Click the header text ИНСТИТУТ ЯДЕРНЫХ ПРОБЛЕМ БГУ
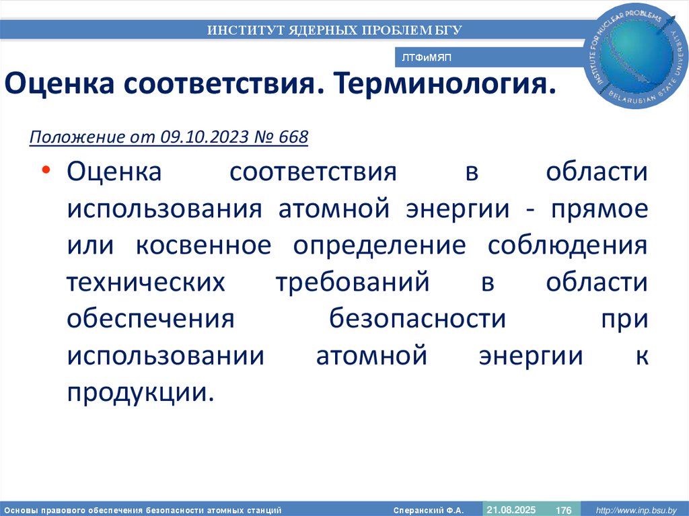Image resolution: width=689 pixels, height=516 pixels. click(334, 30)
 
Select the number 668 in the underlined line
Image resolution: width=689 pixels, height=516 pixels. click(291, 137)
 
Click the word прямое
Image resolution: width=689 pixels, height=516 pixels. click(600, 209)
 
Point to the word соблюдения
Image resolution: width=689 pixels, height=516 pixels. click(568, 246)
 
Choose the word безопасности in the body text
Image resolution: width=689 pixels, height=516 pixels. click(417, 320)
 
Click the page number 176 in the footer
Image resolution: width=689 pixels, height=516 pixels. click(563, 510)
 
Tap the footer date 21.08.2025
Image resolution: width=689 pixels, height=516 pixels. click(511, 510)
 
